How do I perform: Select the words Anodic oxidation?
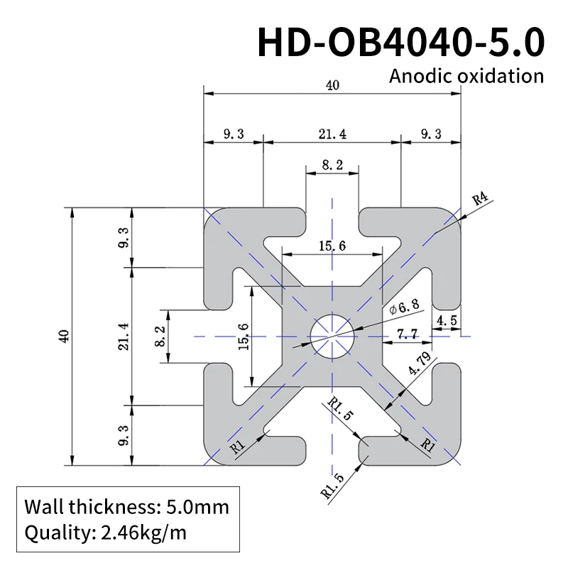pyautogui.click(x=466, y=76)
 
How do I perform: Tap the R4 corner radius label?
pyautogui.click(x=482, y=199)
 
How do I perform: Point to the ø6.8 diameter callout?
pyautogui.click(x=405, y=307)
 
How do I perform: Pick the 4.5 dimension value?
pyautogui.click(x=447, y=321)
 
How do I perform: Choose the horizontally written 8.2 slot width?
pyautogui.click(x=332, y=165)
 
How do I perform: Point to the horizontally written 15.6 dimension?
pyautogui.click(x=332, y=246)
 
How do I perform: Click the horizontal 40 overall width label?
pyautogui.click(x=332, y=85)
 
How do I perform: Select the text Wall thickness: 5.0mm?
pyautogui.click(x=126, y=507)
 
